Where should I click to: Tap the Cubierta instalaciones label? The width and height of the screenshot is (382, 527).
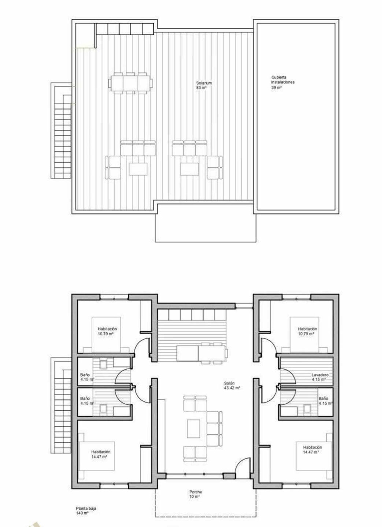[283, 80]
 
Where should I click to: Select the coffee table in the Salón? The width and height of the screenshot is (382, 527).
[194, 428]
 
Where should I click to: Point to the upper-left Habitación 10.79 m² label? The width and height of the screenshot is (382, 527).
[107, 331]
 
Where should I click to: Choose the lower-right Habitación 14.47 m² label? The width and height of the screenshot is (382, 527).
[312, 450]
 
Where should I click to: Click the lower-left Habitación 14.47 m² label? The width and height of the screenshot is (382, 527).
[101, 454]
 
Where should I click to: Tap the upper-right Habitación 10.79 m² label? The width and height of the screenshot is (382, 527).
[307, 331]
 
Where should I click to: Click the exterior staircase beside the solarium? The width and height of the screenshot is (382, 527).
[61, 130]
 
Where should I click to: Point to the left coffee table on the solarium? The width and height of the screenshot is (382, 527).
[138, 169]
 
